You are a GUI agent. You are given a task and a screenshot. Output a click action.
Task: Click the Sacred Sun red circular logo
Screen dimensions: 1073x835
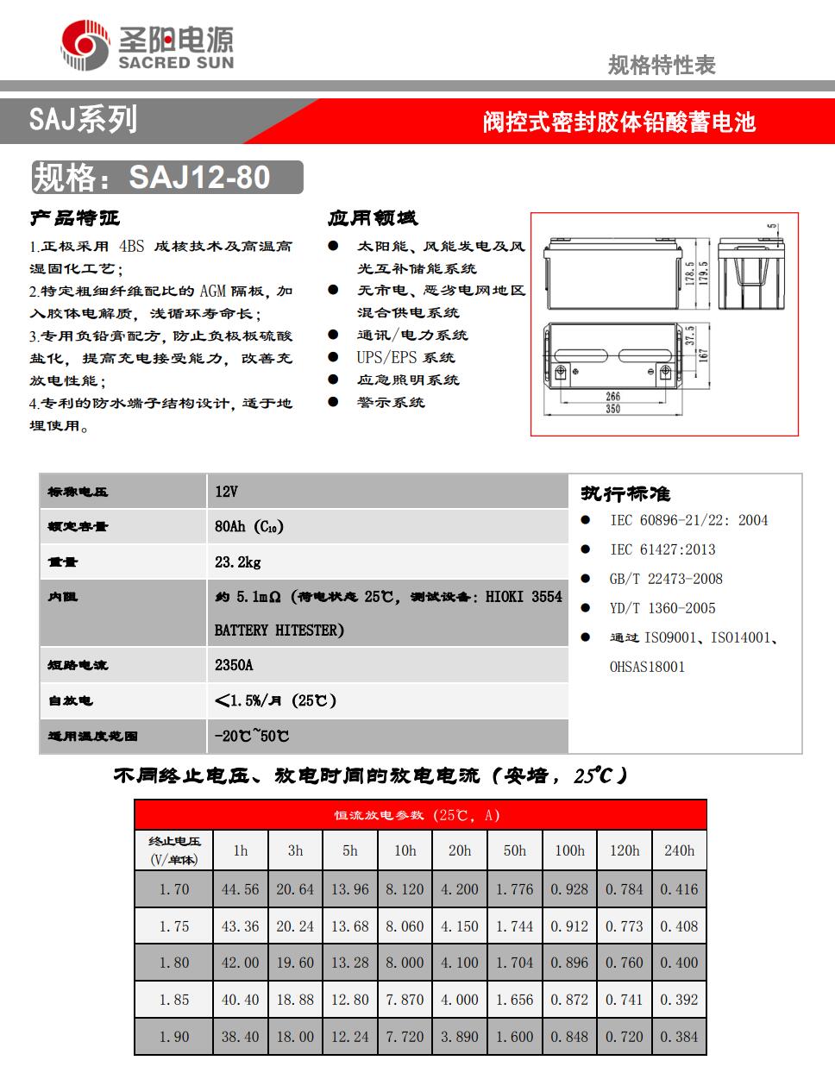[x=86, y=47]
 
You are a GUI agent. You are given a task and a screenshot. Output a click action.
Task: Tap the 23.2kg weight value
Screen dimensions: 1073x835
[x=238, y=562]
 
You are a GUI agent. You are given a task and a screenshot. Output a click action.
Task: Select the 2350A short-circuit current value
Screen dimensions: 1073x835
[x=234, y=665]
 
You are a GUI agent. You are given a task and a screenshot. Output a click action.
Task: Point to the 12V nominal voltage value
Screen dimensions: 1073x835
[x=226, y=492]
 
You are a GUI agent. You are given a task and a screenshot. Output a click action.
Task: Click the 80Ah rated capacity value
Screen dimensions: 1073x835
[x=248, y=526]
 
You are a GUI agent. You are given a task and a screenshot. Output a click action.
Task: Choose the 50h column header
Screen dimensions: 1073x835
[x=514, y=850]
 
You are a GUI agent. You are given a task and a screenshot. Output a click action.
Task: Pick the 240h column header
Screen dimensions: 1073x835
[x=679, y=850]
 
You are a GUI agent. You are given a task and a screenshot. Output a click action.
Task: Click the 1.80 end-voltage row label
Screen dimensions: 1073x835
[x=173, y=963]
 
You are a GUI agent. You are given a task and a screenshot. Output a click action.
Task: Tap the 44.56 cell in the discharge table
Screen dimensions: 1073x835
[x=240, y=889]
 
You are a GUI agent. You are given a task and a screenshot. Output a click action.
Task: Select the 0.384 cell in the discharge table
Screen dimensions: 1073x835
[x=679, y=1037]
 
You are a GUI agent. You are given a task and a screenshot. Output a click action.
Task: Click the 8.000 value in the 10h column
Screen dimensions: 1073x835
[x=405, y=963]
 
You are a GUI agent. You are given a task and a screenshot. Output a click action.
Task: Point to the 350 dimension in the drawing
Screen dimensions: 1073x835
[x=612, y=409]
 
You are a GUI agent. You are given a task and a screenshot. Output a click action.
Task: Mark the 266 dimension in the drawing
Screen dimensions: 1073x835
[x=612, y=396]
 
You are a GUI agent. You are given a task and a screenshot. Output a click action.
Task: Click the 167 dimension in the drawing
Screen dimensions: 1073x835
[x=704, y=355]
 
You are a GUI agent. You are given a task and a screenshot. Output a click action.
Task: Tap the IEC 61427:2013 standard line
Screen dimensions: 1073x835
[x=662, y=549]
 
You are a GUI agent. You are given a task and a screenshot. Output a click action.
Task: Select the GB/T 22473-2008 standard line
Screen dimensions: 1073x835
[x=666, y=579]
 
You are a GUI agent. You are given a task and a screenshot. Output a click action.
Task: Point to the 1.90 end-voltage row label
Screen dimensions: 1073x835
[x=173, y=1037]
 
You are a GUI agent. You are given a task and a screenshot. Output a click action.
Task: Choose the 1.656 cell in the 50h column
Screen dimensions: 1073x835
[x=514, y=1000]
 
